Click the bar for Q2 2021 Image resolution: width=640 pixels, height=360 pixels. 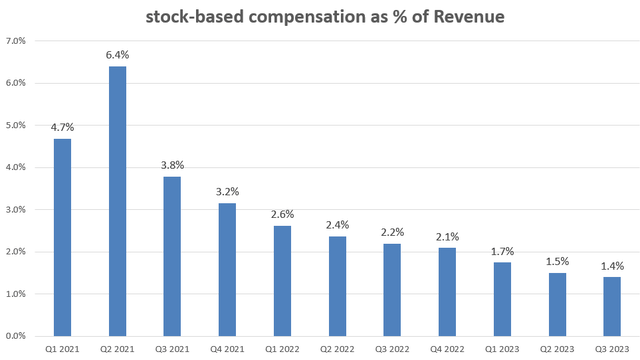[x=117, y=201]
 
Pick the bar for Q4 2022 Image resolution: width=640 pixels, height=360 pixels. [x=447, y=292]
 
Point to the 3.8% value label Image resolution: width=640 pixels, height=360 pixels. [x=172, y=165]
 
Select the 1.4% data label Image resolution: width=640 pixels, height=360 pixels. [x=612, y=266]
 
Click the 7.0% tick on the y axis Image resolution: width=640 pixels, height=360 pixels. [x=17, y=41]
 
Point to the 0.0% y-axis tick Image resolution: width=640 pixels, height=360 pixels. [x=17, y=336]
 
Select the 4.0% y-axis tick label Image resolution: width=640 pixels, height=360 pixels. [x=17, y=167]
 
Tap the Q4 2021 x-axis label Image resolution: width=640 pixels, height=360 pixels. [x=227, y=349]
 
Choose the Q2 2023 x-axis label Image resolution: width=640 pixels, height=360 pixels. [x=557, y=349]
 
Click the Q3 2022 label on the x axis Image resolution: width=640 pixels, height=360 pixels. [x=392, y=349]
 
